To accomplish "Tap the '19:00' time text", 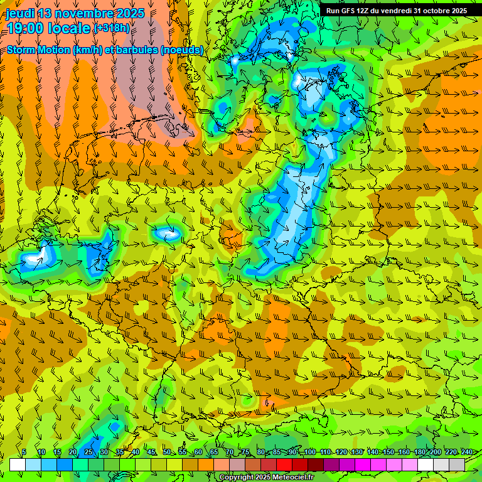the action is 24,28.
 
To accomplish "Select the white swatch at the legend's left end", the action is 17,464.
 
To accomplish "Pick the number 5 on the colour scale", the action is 24,453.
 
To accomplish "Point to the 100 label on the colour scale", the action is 310,453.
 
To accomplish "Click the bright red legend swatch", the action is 284,464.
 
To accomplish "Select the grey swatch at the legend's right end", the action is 458,464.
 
